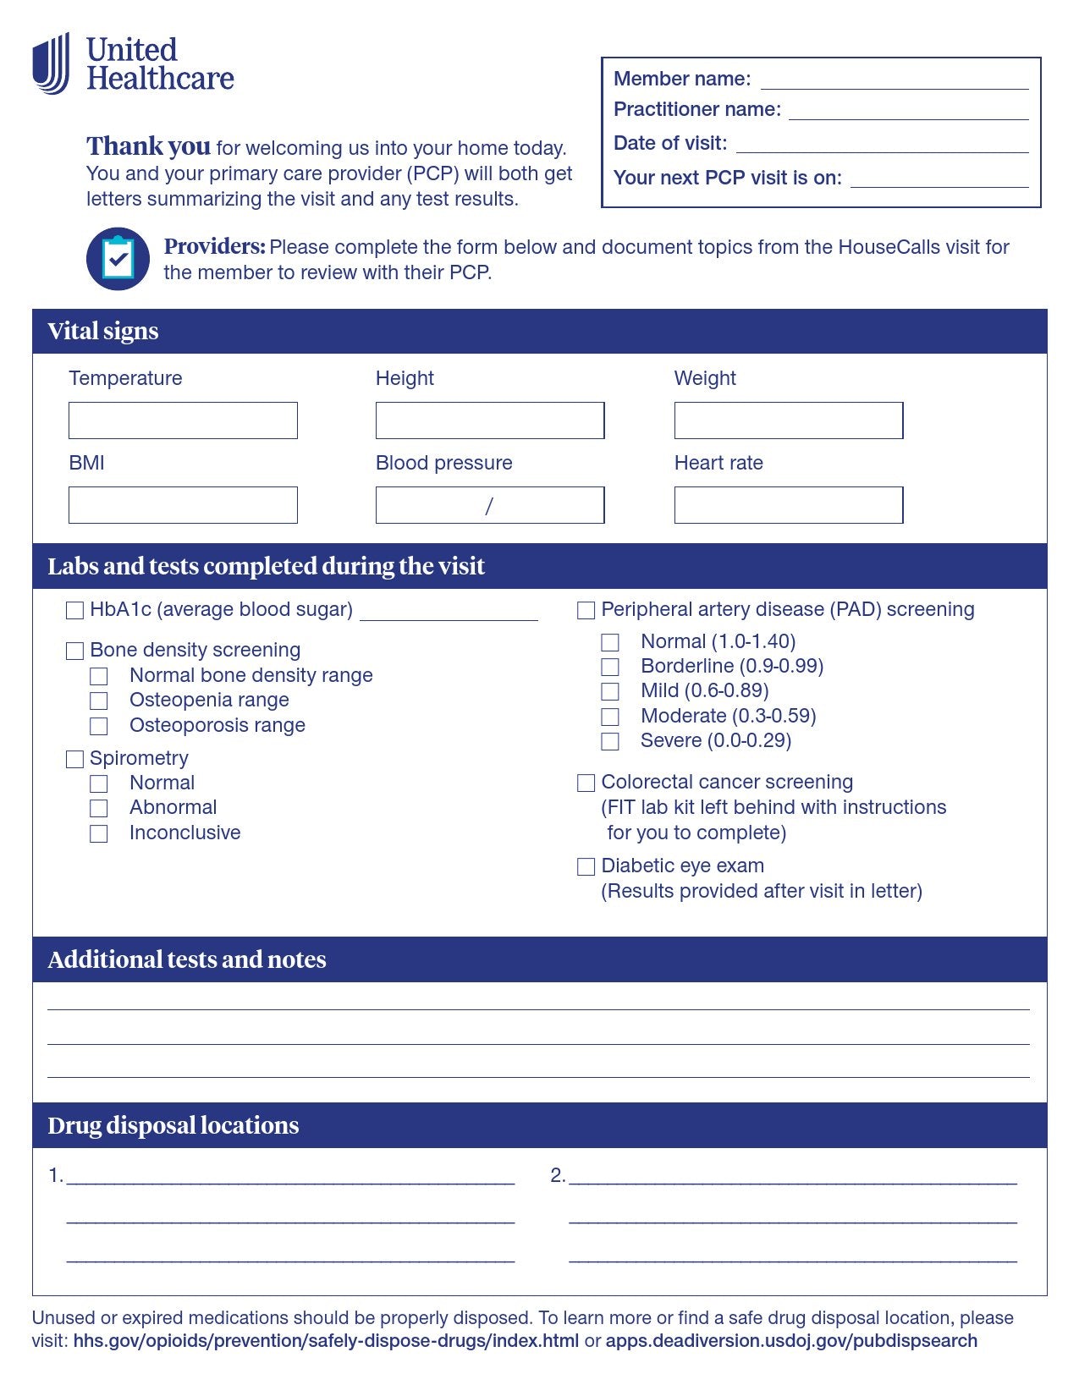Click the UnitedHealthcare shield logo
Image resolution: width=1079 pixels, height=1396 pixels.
point(51,63)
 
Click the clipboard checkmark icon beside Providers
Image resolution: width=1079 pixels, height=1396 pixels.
point(118,259)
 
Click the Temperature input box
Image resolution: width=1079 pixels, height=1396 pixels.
point(183,420)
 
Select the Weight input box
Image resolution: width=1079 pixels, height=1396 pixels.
point(788,420)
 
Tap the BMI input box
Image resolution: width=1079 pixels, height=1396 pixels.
point(183,505)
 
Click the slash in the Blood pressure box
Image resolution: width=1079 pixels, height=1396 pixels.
point(489,506)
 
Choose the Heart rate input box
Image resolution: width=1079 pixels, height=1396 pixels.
point(788,505)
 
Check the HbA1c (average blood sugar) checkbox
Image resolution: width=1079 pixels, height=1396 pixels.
point(75,610)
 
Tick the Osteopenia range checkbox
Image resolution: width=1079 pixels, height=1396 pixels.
point(99,701)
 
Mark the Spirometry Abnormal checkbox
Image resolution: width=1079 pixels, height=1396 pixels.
point(99,808)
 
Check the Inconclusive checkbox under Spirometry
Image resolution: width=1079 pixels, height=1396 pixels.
point(99,833)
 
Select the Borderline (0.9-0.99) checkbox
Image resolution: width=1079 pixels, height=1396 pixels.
point(610,667)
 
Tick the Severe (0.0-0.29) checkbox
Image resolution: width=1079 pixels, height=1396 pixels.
point(610,741)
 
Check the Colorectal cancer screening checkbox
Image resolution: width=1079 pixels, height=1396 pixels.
point(586,783)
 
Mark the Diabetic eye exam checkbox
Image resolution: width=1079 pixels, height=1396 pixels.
point(586,866)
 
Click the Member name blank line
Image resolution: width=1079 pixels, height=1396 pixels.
point(895,81)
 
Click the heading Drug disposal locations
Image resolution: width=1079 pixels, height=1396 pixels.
point(173,1125)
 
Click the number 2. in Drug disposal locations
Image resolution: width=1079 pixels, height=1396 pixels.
point(558,1175)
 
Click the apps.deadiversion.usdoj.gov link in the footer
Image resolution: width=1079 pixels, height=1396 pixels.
point(791,1341)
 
